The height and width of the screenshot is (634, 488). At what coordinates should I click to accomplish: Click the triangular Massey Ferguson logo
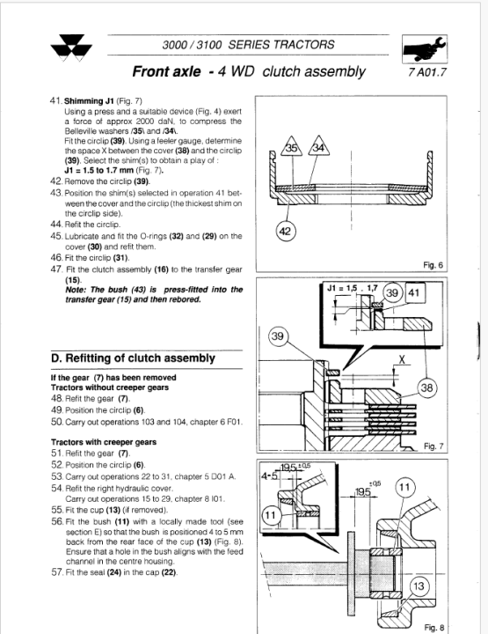click(71, 48)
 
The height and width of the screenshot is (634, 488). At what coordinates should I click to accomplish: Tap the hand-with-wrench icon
click(425, 49)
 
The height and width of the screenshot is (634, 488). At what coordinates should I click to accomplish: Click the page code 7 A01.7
click(427, 72)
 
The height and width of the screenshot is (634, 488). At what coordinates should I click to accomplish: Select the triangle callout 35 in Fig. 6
click(291, 146)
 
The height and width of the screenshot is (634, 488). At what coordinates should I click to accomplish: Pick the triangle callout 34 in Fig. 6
click(318, 146)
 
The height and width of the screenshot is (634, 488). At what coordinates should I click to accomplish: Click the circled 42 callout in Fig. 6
click(285, 232)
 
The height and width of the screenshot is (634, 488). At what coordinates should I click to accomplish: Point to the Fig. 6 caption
click(433, 265)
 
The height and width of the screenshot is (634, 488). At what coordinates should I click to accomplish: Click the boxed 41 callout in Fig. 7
click(414, 292)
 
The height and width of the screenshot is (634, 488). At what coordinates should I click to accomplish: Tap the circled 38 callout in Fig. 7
click(426, 388)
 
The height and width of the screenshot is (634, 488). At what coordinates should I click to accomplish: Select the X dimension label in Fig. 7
click(402, 359)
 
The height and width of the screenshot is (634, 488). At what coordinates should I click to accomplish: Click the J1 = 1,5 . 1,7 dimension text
click(353, 288)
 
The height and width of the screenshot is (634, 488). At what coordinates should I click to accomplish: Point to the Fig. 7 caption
click(433, 446)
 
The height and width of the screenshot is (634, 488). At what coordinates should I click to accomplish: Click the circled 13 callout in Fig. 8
click(419, 586)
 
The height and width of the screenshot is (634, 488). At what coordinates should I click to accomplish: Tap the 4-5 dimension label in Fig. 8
click(269, 475)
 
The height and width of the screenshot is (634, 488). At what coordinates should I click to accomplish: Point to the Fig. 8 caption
click(433, 628)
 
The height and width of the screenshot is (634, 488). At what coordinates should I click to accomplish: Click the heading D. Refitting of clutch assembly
click(133, 358)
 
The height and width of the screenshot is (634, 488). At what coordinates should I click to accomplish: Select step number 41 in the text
click(56, 100)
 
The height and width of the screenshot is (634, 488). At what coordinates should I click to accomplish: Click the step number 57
click(57, 572)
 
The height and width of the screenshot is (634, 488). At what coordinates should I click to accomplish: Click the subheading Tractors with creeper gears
click(104, 442)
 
